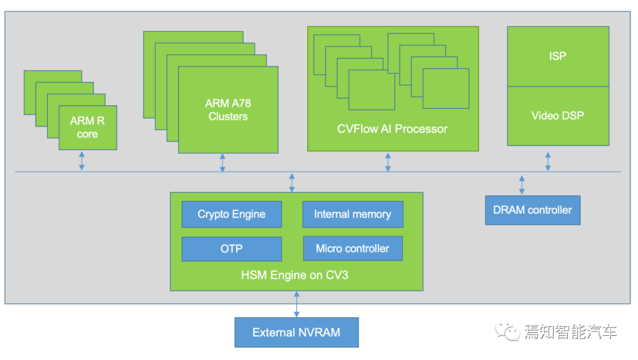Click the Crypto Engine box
pos(232,215)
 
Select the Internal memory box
pos(353,215)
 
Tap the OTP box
pos(232,249)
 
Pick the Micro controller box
pos(353,249)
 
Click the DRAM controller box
pos(532,210)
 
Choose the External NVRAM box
pos(297,332)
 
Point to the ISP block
pos(558,56)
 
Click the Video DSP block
pos(558,116)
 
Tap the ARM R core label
pos(87,128)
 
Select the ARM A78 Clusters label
pos(228,110)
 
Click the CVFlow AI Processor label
pos(392,129)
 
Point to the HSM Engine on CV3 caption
pos(295,275)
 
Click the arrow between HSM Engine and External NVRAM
pos(297,304)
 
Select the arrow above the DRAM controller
pos(522,184)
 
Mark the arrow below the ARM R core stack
pos(82,160)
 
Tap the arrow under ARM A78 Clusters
pos(222,163)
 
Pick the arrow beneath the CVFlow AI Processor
pos(388,161)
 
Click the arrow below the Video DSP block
pos(548,161)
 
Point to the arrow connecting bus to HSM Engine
pos(292,182)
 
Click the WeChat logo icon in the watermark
pos(507,332)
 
